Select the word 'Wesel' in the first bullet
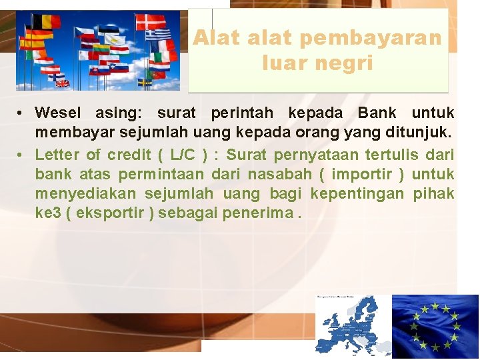(x=58, y=113)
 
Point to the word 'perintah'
(x=237, y=113)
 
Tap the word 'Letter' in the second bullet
(x=57, y=155)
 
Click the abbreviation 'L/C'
(x=183, y=155)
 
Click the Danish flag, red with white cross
(x=151, y=21)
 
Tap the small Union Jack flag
(x=62, y=83)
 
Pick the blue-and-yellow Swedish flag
(x=145, y=82)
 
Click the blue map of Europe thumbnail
(x=353, y=325)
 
